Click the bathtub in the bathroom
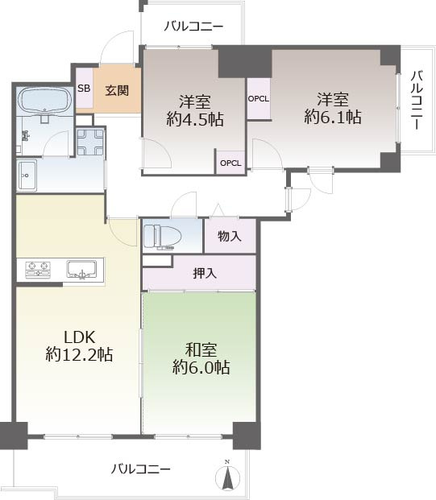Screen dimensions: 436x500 pyautogui.click(x=44, y=101)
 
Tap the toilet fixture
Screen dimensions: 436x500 pyautogui.click(x=162, y=237)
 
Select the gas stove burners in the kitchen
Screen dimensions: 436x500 pyautogui.click(x=38, y=270)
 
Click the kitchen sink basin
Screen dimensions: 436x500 pyautogui.click(x=81, y=270)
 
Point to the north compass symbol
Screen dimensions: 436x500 pyautogui.click(x=227, y=477)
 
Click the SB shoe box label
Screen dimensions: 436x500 pyautogui.click(x=84, y=89)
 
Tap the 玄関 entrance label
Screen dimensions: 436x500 pyautogui.click(x=117, y=90)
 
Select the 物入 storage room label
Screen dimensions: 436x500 pyautogui.click(x=230, y=236)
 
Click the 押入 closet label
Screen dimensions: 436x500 pyautogui.click(x=205, y=273)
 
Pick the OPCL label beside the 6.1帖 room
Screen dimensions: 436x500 pyautogui.click(x=259, y=99)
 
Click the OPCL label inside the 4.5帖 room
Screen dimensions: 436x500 pyautogui.click(x=230, y=163)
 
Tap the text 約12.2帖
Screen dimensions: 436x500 pyautogui.click(x=79, y=354)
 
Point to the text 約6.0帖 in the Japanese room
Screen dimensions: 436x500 pyautogui.click(x=201, y=367)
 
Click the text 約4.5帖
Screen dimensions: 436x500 pyautogui.click(x=195, y=120)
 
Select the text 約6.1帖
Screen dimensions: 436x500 pyautogui.click(x=333, y=117)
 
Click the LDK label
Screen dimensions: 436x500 pyautogui.click(x=80, y=337)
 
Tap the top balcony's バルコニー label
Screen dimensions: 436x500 pyautogui.click(x=193, y=27)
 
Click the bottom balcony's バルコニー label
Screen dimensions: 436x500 pyautogui.click(x=140, y=469)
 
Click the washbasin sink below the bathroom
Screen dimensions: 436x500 pyautogui.click(x=27, y=176)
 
